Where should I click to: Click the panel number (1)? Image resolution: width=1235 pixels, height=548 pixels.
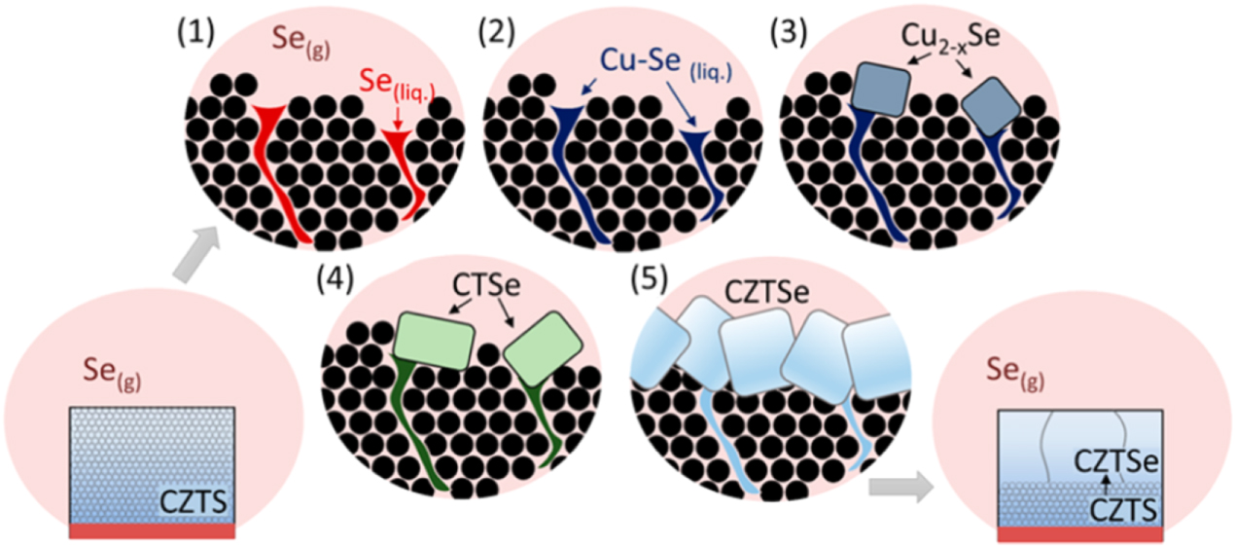point(195,33)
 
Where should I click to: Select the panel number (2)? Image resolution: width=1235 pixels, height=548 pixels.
point(497,33)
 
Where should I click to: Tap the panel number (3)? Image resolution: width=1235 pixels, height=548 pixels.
point(789,33)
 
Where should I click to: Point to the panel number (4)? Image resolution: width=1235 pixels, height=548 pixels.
point(335,279)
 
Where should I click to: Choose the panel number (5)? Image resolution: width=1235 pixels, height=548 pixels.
point(649,279)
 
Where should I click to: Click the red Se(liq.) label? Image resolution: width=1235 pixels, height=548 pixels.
point(397,86)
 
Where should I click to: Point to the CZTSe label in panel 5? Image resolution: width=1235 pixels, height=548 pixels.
point(766,292)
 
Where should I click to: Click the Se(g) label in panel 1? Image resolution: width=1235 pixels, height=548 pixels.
point(301,42)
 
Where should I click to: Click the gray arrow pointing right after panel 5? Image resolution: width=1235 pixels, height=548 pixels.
point(900,487)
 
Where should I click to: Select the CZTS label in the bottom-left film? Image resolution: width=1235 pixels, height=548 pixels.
point(193,502)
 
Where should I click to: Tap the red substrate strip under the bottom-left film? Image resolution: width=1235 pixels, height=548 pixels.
point(152,530)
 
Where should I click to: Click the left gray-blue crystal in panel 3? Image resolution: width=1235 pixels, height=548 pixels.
point(880,90)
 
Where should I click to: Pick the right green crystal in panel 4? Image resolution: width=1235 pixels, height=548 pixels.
point(543,348)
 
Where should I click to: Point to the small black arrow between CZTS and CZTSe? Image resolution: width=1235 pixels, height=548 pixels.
point(1105,484)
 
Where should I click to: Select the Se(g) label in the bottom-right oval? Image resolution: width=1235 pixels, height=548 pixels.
point(1015,373)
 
